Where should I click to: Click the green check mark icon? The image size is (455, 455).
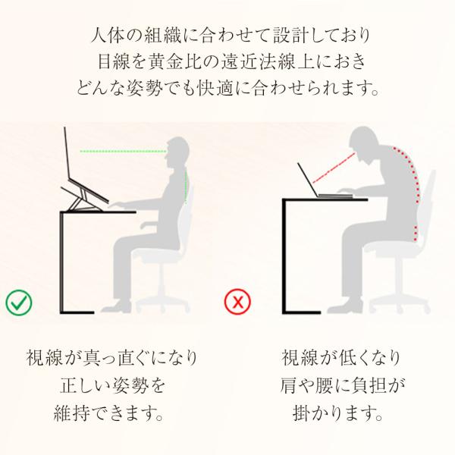(x=19, y=303)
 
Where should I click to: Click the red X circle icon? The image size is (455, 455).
(x=238, y=302)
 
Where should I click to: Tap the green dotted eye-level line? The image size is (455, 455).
(x=123, y=151)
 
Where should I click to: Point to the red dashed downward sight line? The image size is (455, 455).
(x=334, y=168)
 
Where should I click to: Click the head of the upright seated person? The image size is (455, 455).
(x=176, y=152)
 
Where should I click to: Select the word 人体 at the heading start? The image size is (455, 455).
(x=108, y=36)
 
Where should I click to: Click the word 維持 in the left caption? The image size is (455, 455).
(x=72, y=413)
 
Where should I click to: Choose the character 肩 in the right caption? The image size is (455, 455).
(x=289, y=385)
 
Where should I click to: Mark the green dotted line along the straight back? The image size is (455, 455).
(x=186, y=186)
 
